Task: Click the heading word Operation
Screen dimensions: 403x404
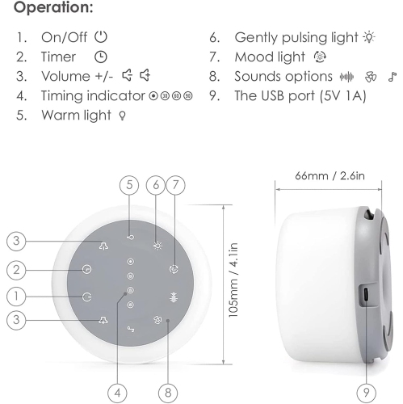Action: [x=53, y=7]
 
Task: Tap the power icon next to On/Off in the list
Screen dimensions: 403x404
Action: [x=101, y=37]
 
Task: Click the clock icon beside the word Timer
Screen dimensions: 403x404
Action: [x=101, y=57]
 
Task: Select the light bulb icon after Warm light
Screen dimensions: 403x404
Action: [x=123, y=116]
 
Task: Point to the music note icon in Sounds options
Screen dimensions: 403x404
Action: [x=393, y=77]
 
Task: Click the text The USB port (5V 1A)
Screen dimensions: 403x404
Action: [x=300, y=96]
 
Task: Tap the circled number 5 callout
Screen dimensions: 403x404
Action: [x=129, y=185]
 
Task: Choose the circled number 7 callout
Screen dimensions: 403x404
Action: [x=175, y=185]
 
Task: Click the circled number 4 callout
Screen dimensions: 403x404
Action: [x=117, y=393]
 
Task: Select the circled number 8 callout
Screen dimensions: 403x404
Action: [x=168, y=393]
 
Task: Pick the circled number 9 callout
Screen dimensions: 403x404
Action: [x=366, y=393]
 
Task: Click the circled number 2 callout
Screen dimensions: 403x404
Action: [x=16, y=270]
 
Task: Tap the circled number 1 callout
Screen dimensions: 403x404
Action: [x=16, y=296]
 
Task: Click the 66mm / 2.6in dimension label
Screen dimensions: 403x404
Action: [x=330, y=176]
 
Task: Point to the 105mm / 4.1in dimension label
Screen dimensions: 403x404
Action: [x=233, y=280]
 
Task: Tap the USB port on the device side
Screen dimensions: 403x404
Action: [x=366, y=295]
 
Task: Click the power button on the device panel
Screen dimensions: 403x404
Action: [x=86, y=297]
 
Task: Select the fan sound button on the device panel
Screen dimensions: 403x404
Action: [x=157, y=319]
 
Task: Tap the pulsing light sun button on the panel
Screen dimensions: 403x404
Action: [x=157, y=246]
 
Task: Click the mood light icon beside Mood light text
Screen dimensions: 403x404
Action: [x=320, y=57]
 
